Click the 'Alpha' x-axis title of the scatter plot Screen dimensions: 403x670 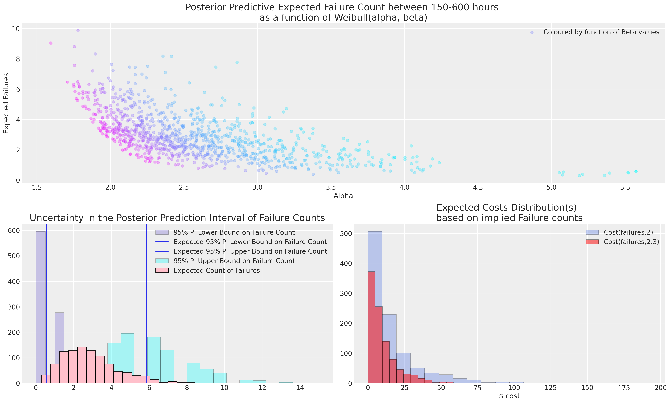tap(343, 196)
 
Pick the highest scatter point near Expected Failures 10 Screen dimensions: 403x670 tap(78, 31)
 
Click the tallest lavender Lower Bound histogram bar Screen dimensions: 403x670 tap(40, 307)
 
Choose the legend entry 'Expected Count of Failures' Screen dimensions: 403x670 tap(217, 271)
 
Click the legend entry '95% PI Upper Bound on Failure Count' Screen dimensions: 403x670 tap(234, 261)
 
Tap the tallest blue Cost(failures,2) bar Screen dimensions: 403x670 tap(375, 307)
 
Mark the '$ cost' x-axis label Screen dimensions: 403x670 tap(509, 396)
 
